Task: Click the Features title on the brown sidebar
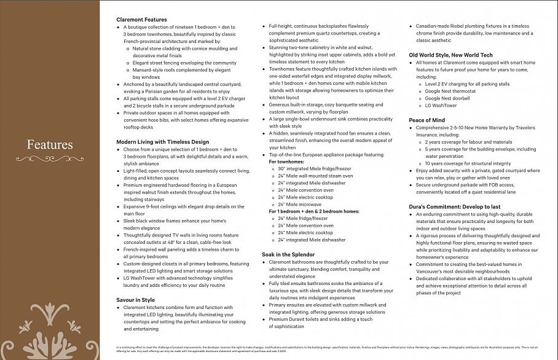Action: tap(50, 145)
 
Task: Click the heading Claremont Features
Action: tap(141, 20)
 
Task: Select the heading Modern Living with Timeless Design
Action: tap(162, 142)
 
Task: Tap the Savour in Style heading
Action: tap(135, 300)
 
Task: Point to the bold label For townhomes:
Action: tap(286, 162)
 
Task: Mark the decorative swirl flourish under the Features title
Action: tap(49, 159)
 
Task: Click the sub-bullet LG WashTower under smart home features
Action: tap(441, 106)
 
